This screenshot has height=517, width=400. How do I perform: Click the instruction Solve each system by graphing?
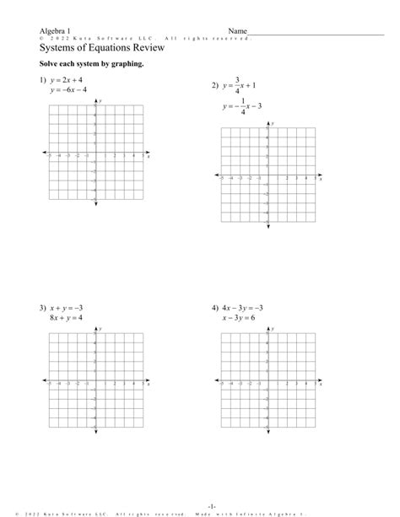[x=78, y=65]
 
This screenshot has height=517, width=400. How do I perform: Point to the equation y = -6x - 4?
[x=74, y=91]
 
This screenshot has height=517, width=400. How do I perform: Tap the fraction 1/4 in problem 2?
[x=242, y=106]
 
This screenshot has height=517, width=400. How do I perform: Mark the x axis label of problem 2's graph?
[x=321, y=180]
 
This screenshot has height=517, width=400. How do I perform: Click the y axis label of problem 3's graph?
[x=100, y=327]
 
